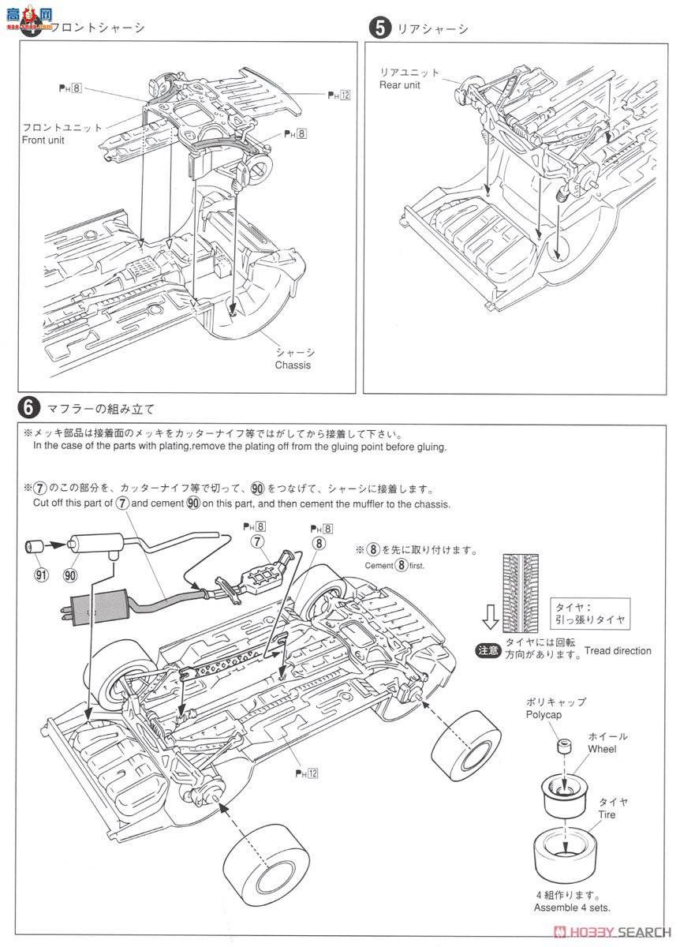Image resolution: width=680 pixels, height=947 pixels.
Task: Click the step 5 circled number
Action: pyautogui.click(x=380, y=28)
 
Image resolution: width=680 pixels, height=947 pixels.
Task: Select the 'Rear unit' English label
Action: pyautogui.click(x=401, y=86)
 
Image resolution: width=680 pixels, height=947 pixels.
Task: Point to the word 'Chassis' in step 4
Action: pyautogui.click(x=293, y=365)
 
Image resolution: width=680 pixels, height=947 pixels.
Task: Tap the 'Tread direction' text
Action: pyautogui.click(x=618, y=650)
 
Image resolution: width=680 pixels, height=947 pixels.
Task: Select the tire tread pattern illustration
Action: pyautogui.click(x=521, y=580)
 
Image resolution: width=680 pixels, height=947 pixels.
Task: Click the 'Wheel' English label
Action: pyautogui.click(x=601, y=749)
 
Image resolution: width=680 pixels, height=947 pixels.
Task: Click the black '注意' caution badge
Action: pyautogui.click(x=487, y=650)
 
